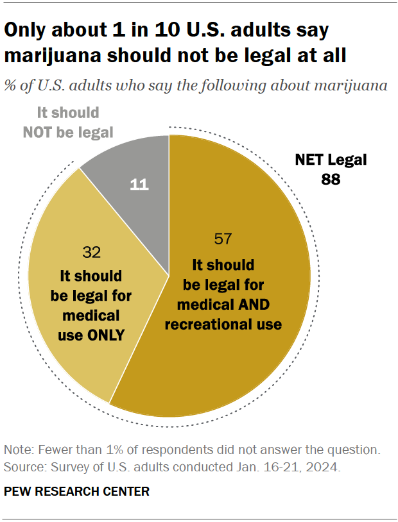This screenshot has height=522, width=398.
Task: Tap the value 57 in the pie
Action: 223,239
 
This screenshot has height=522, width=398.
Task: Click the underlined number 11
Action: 139,185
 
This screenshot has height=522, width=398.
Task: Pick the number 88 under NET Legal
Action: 331,180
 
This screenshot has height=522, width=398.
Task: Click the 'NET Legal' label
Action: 331,160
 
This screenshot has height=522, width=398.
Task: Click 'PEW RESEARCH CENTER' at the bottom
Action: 76,492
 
